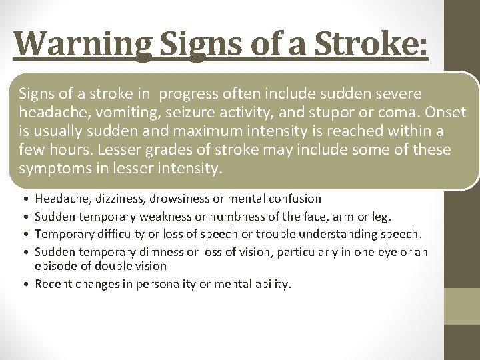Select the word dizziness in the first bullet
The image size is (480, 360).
point(123,199)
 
